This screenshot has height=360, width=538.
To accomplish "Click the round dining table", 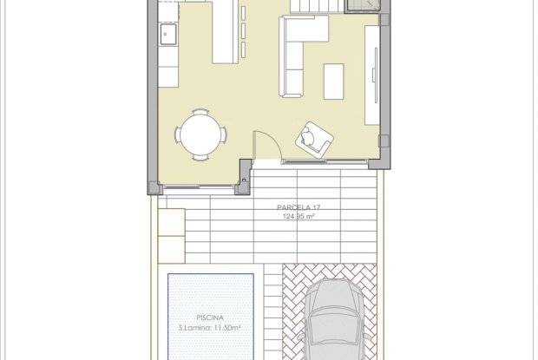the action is point(200,134).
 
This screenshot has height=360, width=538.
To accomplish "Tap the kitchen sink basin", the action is point(168,35).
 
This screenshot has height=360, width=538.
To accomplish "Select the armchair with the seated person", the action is point(314,140).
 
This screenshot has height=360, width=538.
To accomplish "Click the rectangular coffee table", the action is point(334,82).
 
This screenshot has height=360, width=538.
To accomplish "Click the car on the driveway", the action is point(334,319).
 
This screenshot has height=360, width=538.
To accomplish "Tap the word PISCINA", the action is point(210,317).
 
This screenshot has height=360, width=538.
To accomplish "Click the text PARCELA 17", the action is point(299,207).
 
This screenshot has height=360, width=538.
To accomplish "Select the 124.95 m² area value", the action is point(299,216).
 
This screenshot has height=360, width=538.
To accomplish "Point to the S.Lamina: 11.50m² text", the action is point(210,328).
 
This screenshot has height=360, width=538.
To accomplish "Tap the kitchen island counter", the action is point(226,31).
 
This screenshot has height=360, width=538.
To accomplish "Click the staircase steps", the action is point(317,7).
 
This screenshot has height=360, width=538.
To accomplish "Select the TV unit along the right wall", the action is point(372,75).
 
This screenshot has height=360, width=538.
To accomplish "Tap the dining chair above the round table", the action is point(200,112).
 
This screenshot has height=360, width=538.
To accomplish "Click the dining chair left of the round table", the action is point(178,134).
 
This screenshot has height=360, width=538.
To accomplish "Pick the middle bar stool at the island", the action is point(244,30).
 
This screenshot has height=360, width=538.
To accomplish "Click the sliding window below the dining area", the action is point(199,187).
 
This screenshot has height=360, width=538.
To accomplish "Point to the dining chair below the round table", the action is point(200,157).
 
